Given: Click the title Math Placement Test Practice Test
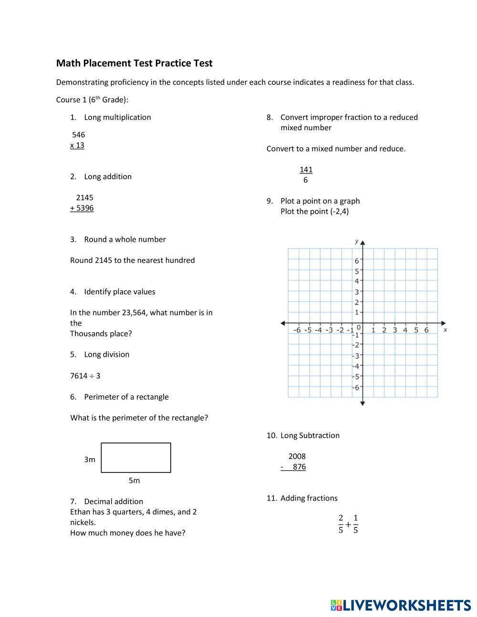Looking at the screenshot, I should click(x=134, y=63).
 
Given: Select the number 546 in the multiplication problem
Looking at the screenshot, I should click(x=78, y=135).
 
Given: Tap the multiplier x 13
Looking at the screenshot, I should click(x=77, y=145).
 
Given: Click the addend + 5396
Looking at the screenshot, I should click(x=82, y=208).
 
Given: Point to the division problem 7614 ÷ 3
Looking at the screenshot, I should click(x=85, y=376).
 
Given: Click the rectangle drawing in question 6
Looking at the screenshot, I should click(x=136, y=458).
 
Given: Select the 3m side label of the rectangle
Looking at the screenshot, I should click(x=90, y=460).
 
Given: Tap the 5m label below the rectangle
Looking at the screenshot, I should click(x=134, y=481).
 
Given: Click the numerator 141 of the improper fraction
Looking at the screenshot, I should click(x=306, y=170).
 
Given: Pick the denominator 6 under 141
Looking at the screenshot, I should click(x=305, y=180).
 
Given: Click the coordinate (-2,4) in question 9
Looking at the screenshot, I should click(x=339, y=212).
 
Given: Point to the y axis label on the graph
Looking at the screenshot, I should click(x=356, y=241).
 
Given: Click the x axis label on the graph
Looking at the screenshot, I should click(x=445, y=329).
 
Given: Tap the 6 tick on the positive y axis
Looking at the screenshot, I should click(x=356, y=261).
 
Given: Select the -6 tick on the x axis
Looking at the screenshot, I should click(x=297, y=330).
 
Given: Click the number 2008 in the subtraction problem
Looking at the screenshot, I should click(x=297, y=456).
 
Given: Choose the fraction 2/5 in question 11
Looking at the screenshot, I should click(x=341, y=524).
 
